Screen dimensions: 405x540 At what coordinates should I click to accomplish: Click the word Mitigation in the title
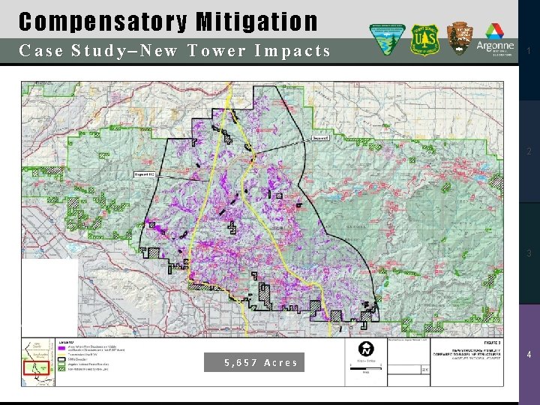click(256, 22)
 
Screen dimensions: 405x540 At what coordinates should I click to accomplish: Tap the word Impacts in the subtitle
click(292, 51)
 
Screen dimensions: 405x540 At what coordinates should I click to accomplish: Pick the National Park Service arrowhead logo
click(460, 39)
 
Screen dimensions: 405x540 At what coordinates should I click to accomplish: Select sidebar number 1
click(529, 51)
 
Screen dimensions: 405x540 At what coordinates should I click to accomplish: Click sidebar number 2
click(529, 152)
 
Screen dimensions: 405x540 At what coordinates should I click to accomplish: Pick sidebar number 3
click(529, 253)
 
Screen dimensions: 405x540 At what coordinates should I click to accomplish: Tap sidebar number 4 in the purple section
click(529, 355)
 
